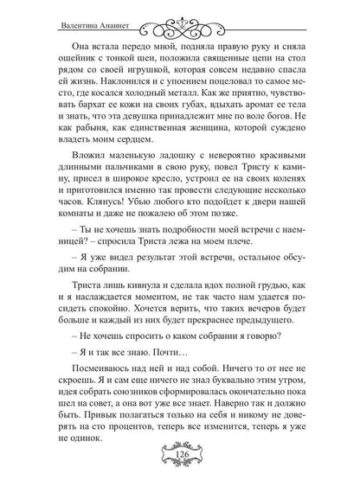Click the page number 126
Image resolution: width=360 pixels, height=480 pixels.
[x=180, y=456]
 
